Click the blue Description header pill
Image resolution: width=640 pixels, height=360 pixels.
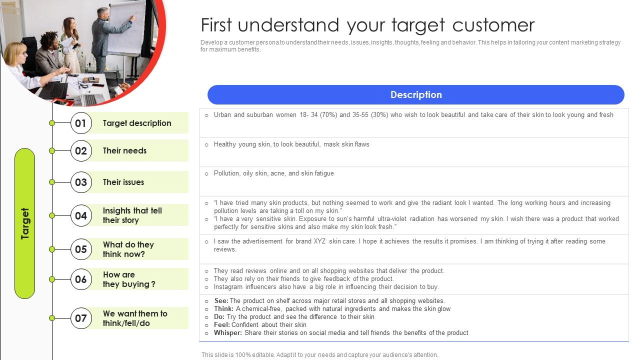pyautogui.click(x=415, y=94)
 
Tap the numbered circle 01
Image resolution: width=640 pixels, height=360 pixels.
pyautogui.click(x=81, y=123)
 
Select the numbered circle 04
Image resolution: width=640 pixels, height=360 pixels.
pyautogui.click(x=81, y=215)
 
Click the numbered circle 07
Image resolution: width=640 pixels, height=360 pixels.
pyautogui.click(x=81, y=318)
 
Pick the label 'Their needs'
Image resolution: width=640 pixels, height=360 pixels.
pyautogui.click(x=124, y=150)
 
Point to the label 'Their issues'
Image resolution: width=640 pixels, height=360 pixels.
pyautogui.click(x=123, y=182)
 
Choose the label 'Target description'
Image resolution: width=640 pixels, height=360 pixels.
pyautogui.click(x=137, y=123)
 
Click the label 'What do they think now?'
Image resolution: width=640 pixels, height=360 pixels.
pyautogui.click(x=128, y=249)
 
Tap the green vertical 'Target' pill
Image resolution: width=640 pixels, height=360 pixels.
pyautogui.click(x=24, y=223)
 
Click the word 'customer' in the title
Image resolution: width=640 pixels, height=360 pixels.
pyautogui.click(x=493, y=25)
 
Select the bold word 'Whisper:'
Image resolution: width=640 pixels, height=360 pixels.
pyautogui.click(x=227, y=333)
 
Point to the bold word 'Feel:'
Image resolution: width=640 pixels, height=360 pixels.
pyautogui.click(x=221, y=325)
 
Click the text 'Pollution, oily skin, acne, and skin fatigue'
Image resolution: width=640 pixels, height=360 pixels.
pyautogui.click(x=273, y=173)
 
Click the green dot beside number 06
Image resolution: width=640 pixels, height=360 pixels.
pyautogui.click(x=52, y=279)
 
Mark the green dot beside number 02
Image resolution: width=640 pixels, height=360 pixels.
pyautogui.click(x=52, y=150)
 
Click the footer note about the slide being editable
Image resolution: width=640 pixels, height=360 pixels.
pyautogui.click(x=319, y=355)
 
